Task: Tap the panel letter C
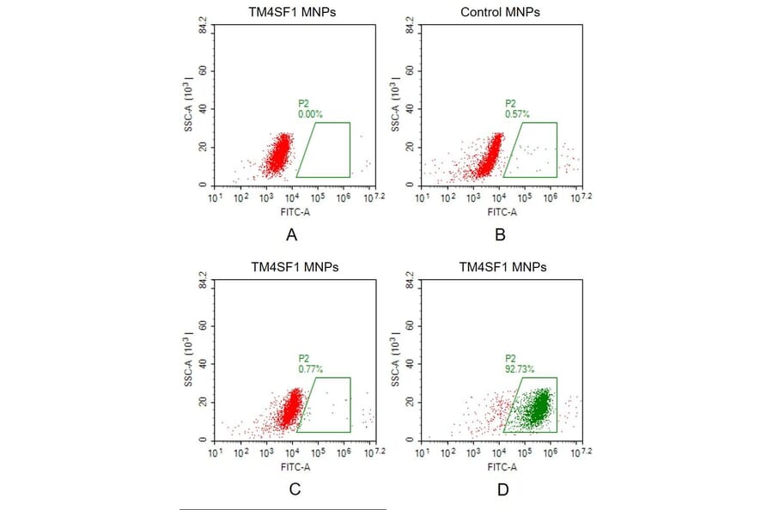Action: tap(295, 490)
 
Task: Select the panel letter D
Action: tap(502, 490)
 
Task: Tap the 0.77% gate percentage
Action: tap(309, 368)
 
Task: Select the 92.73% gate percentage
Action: tap(520, 368)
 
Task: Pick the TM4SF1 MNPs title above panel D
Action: tap(502, 267)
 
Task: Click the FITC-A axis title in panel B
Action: tap(502, 211)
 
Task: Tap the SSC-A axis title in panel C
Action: tap(189, 388)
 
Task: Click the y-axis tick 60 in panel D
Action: tap(411, 326)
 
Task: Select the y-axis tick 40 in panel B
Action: tap(411, 109)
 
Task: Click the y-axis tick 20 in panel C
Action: tap(204, 402)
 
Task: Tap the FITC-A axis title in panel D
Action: tap(502, 466)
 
